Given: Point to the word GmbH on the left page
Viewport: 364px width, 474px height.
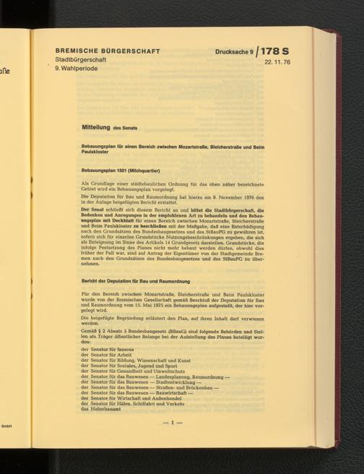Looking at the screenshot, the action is (10, 426).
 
